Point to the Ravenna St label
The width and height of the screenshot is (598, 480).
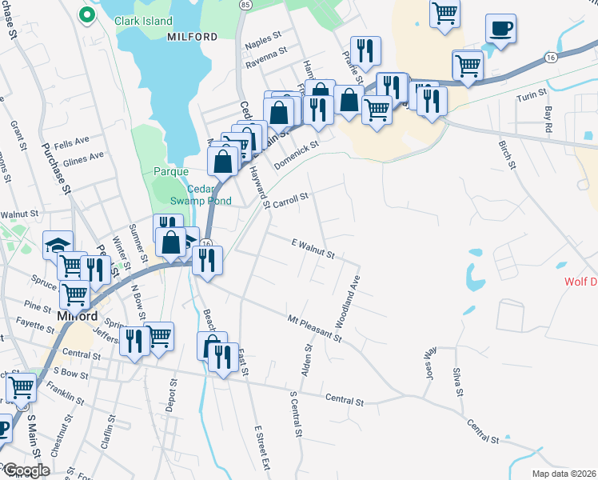(x=266, y=55)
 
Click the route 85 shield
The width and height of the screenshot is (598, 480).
(x=244, y=5)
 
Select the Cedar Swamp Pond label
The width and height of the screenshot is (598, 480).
(x=209, y=195)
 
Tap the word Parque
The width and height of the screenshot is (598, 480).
(x=171, y=171)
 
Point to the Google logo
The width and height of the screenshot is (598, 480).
(x=26, y=470)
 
